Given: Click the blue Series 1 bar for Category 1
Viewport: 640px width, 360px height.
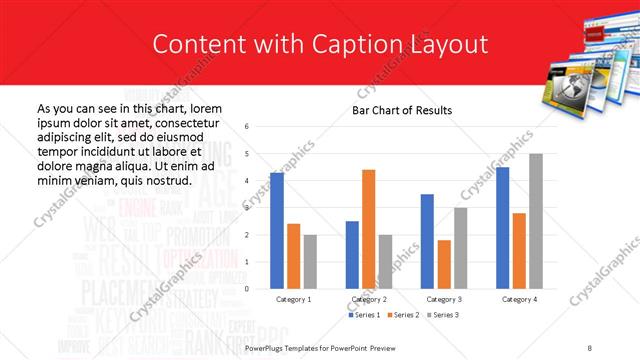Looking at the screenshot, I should (276, 231).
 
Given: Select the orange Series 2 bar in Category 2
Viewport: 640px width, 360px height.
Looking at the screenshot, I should (368, 229).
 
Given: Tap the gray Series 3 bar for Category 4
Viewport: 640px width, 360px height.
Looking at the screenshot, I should (535, 221).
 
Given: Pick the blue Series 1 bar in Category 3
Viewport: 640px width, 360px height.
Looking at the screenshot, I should (427, 241).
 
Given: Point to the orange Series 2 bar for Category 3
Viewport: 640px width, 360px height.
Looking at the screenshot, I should (443, 264).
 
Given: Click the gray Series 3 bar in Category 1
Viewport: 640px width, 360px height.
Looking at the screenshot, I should (310, 262).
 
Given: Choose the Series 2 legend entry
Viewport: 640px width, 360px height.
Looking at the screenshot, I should (405, 315).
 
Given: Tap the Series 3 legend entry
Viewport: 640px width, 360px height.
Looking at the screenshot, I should (444, 315).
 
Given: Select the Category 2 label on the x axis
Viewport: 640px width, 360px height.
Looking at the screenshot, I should (368, 298).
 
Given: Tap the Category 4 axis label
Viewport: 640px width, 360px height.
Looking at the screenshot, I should (518, 298).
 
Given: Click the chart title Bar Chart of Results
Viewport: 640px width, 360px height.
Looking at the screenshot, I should (402, 110).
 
